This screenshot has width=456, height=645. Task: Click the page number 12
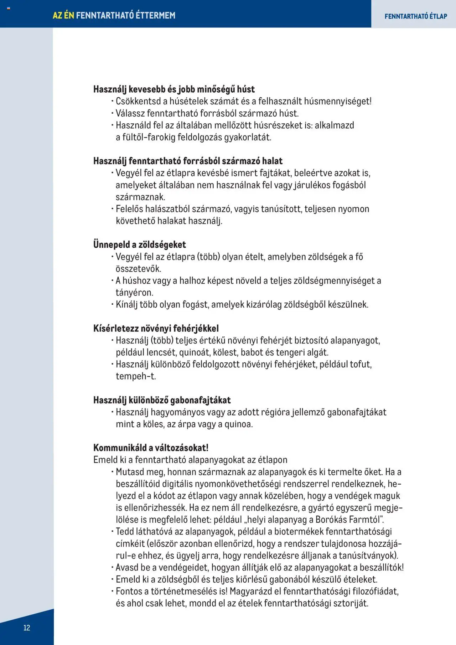click(x=27, y=628)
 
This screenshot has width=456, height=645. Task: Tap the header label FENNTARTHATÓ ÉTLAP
click(x=416, y=16)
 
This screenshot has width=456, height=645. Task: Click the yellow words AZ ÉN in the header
click(x=63, y=15)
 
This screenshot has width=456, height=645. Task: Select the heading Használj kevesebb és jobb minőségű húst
click(x=174, y=89)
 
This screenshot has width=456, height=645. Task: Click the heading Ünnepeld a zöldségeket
click(x=139, y=244)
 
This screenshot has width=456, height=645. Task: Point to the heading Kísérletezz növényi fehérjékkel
click(x=156, y=328)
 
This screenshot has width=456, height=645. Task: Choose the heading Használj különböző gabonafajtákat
click(x=162, y=400)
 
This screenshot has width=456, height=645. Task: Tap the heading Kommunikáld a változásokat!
click(x=151, y=448)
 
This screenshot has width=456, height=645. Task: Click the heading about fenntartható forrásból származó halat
click(x=188, y=161)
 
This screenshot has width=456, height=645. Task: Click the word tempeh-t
click(x=136, y=376)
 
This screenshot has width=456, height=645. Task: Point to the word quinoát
click(x=195, y=352)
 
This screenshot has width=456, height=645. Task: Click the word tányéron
click(x=134, y=293)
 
